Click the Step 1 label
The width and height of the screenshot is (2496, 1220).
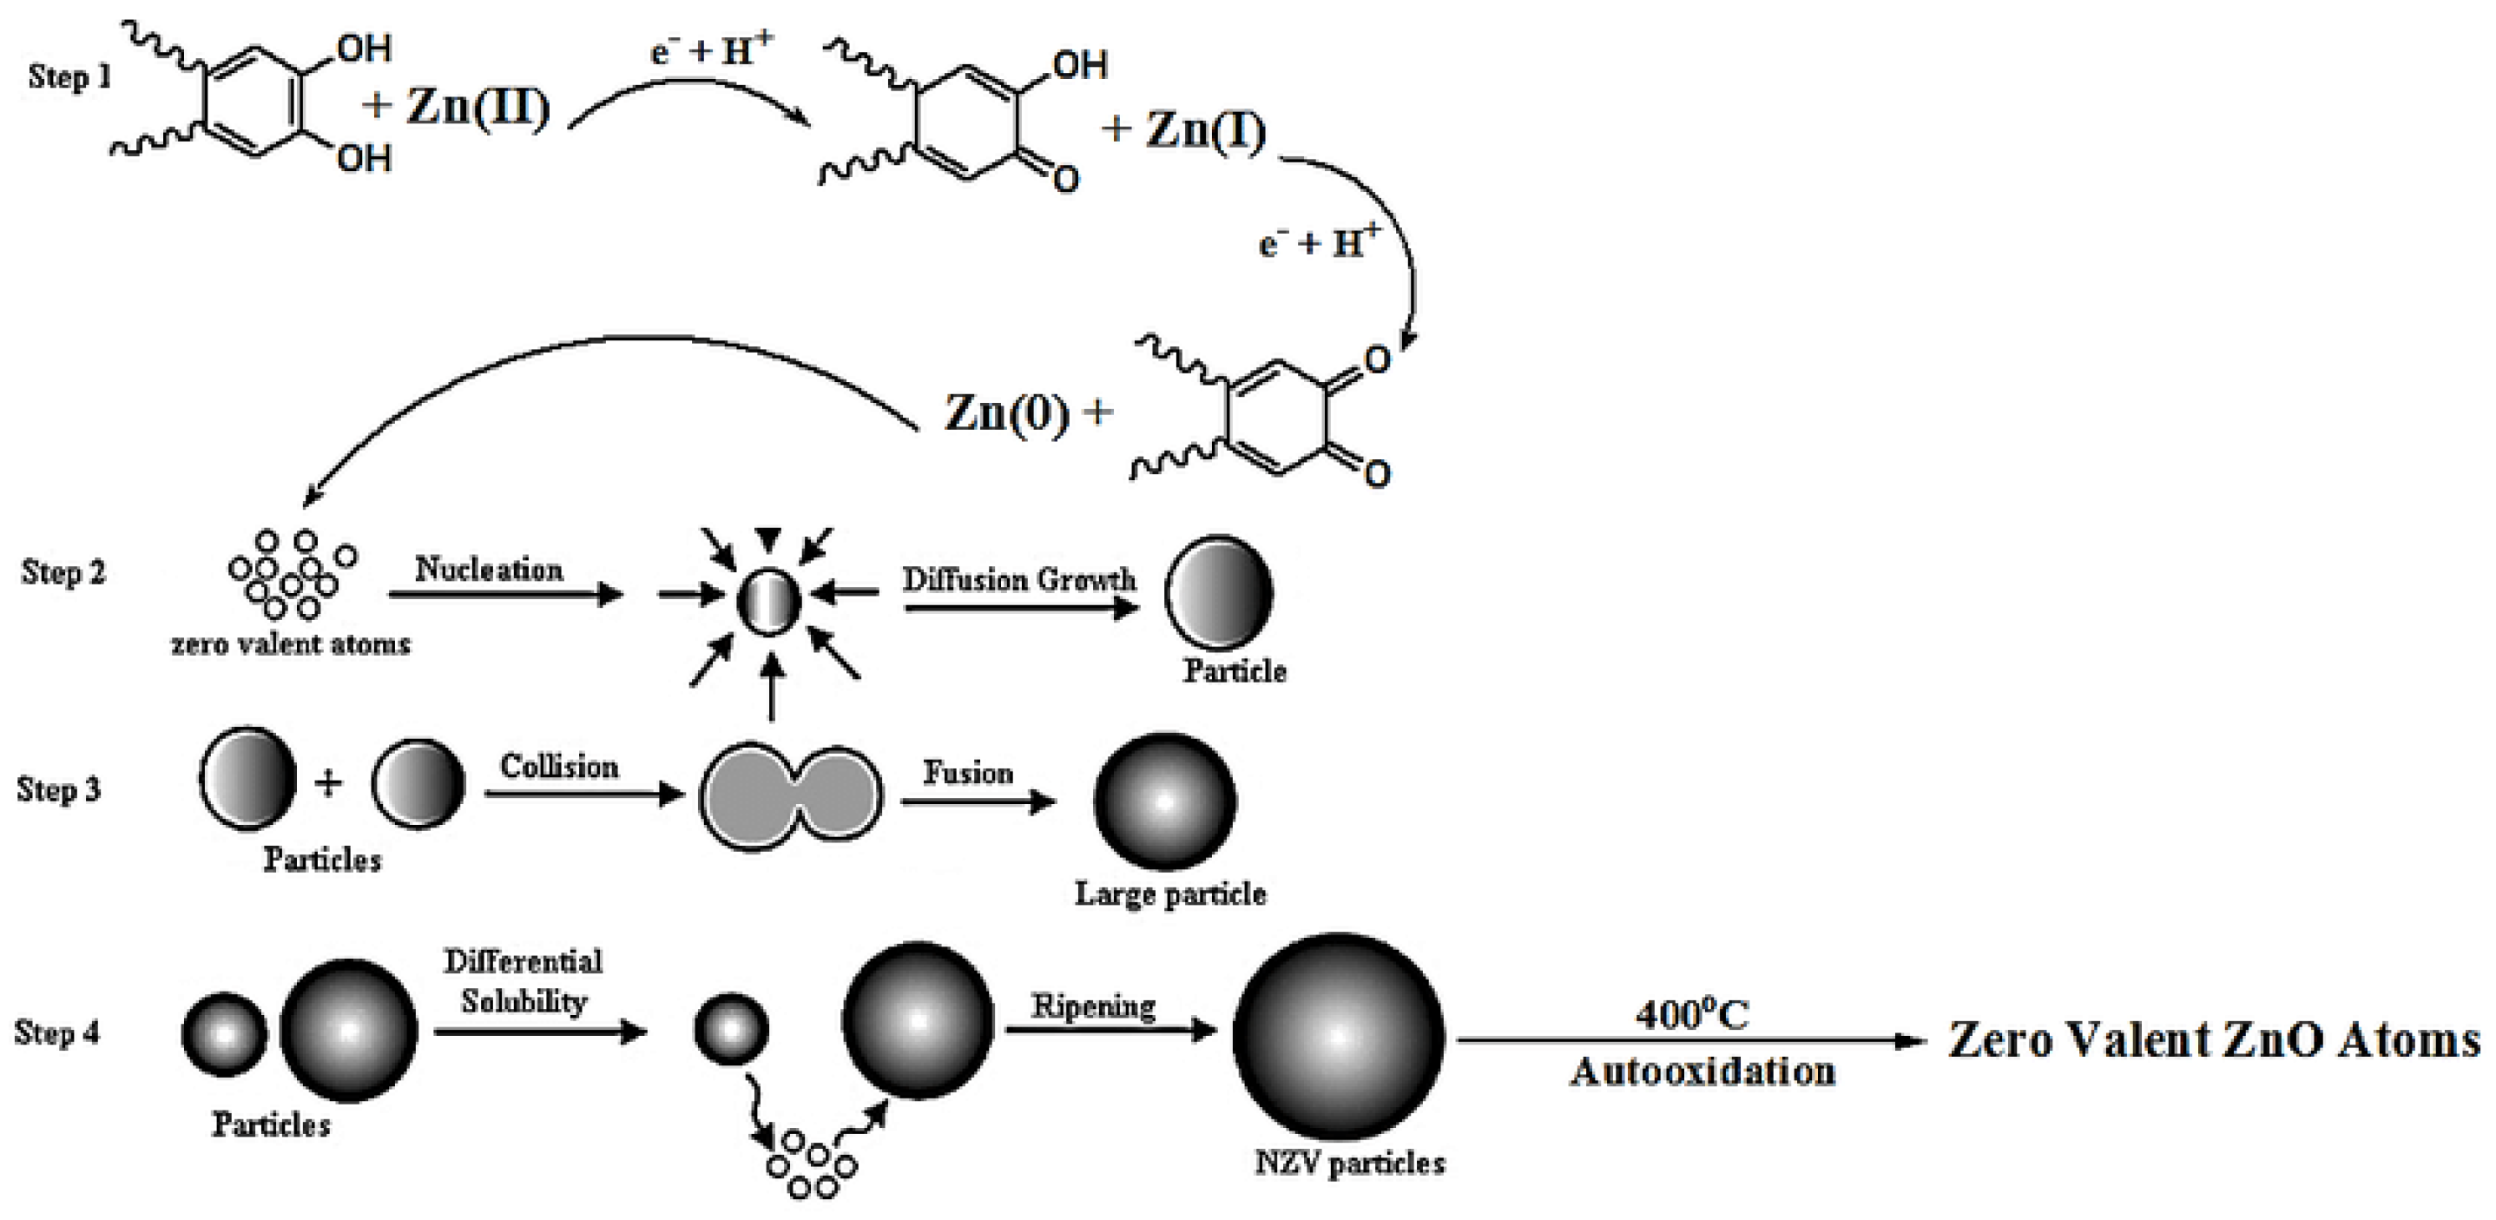tap(69, 76)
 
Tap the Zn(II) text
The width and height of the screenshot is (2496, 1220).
tap(477, 106)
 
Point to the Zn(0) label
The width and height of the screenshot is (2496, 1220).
tap(1008, 414)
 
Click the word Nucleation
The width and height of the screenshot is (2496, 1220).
tap(490, 569)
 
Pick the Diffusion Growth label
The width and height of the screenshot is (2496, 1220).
tap(1019, 579)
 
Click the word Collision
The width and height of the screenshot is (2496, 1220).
tap(559, 767)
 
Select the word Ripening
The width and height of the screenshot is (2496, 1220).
tap(1093, 1006)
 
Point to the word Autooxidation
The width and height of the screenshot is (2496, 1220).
tap(1702, 1072)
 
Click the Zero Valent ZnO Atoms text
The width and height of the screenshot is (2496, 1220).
tap(2214, 1039)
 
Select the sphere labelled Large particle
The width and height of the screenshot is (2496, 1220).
tap(1165, 801)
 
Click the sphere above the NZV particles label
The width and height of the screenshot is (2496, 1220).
tap(1338, 1036)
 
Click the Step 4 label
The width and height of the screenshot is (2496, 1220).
tap(57, 1032)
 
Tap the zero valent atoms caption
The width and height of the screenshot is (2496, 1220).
tap(291, 643)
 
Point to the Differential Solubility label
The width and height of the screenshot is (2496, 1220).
tap(524, 980)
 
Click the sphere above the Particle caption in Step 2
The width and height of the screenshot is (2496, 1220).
tap(1219, 591)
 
